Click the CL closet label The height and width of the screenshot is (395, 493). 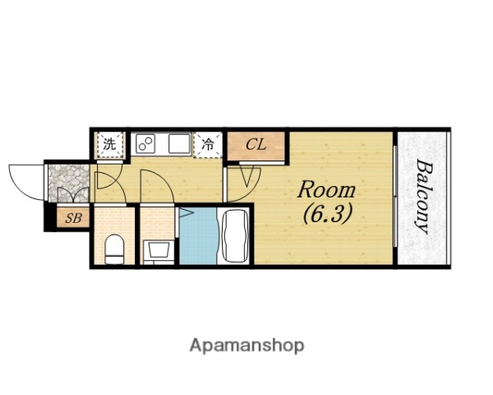[x=256, y=145]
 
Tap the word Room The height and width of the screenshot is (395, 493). [x=326, y=190]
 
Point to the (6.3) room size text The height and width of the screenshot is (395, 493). [x=327, y=214]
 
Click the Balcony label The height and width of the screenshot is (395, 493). [x=423, y=197]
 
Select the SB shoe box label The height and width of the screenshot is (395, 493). [x=73, y=218]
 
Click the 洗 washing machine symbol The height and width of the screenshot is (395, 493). [x=109, y=145]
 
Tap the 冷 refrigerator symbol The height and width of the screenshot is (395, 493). [x=208, y=145]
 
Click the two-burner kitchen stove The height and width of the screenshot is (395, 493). [x=145, y=144]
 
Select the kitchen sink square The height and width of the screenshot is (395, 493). [x=179, y=144]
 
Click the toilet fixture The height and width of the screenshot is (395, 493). [x=114, y=249]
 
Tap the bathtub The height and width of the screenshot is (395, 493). [x=235, y=235]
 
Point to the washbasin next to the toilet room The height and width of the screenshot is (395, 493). [x=158, y=250]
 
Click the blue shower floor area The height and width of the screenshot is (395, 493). [x=198, y=235]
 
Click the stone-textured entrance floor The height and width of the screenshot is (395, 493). [x=69, y=183]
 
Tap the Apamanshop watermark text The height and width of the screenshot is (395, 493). [x=246, y=346]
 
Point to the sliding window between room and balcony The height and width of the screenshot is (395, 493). [x=395, y=196]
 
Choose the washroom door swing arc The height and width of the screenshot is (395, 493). [x=164, y=182]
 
